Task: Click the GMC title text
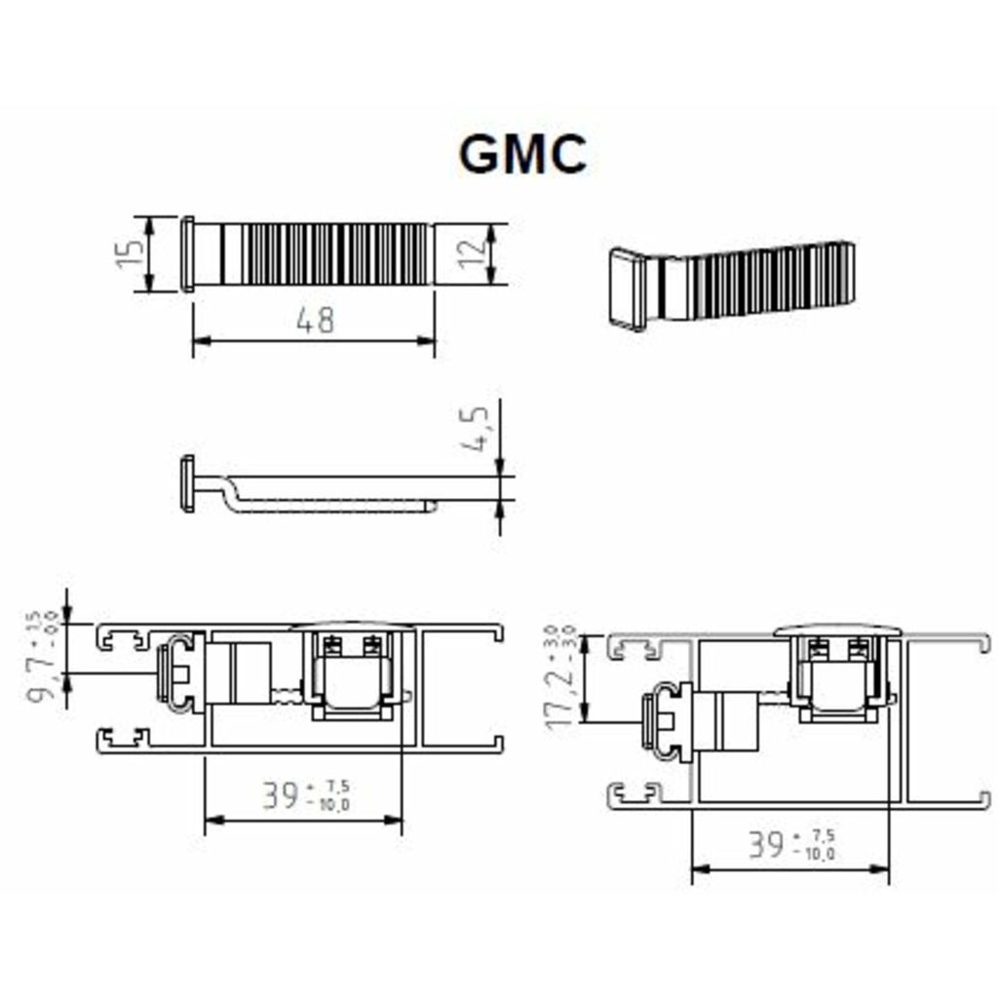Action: tap(522, 154)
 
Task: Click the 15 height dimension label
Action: tap(128, 254)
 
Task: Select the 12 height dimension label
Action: tap(471, 254)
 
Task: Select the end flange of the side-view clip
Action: tap(187, 483)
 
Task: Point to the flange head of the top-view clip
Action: tap(187, 254)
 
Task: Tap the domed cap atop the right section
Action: tap(839, 629)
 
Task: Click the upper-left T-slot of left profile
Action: tap(123, 638)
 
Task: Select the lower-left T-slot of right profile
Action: tap(633, 794)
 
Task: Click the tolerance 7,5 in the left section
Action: tap(337, 785)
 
